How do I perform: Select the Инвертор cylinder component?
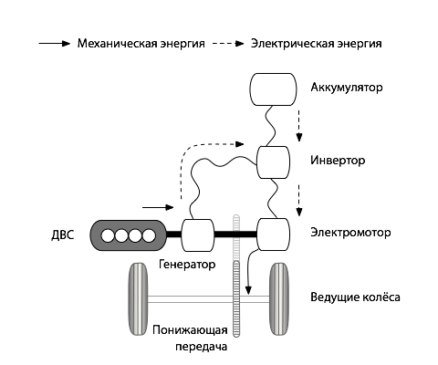point(273,162)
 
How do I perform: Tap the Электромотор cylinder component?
point(273,235)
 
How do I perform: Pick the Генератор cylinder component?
point(198,235)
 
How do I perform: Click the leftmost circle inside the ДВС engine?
point(108,235)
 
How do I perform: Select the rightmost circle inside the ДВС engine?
point(148,235)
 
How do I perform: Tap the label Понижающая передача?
point(189,338)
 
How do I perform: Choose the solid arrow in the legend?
point(54,43)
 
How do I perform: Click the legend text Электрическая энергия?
point(316,43)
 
